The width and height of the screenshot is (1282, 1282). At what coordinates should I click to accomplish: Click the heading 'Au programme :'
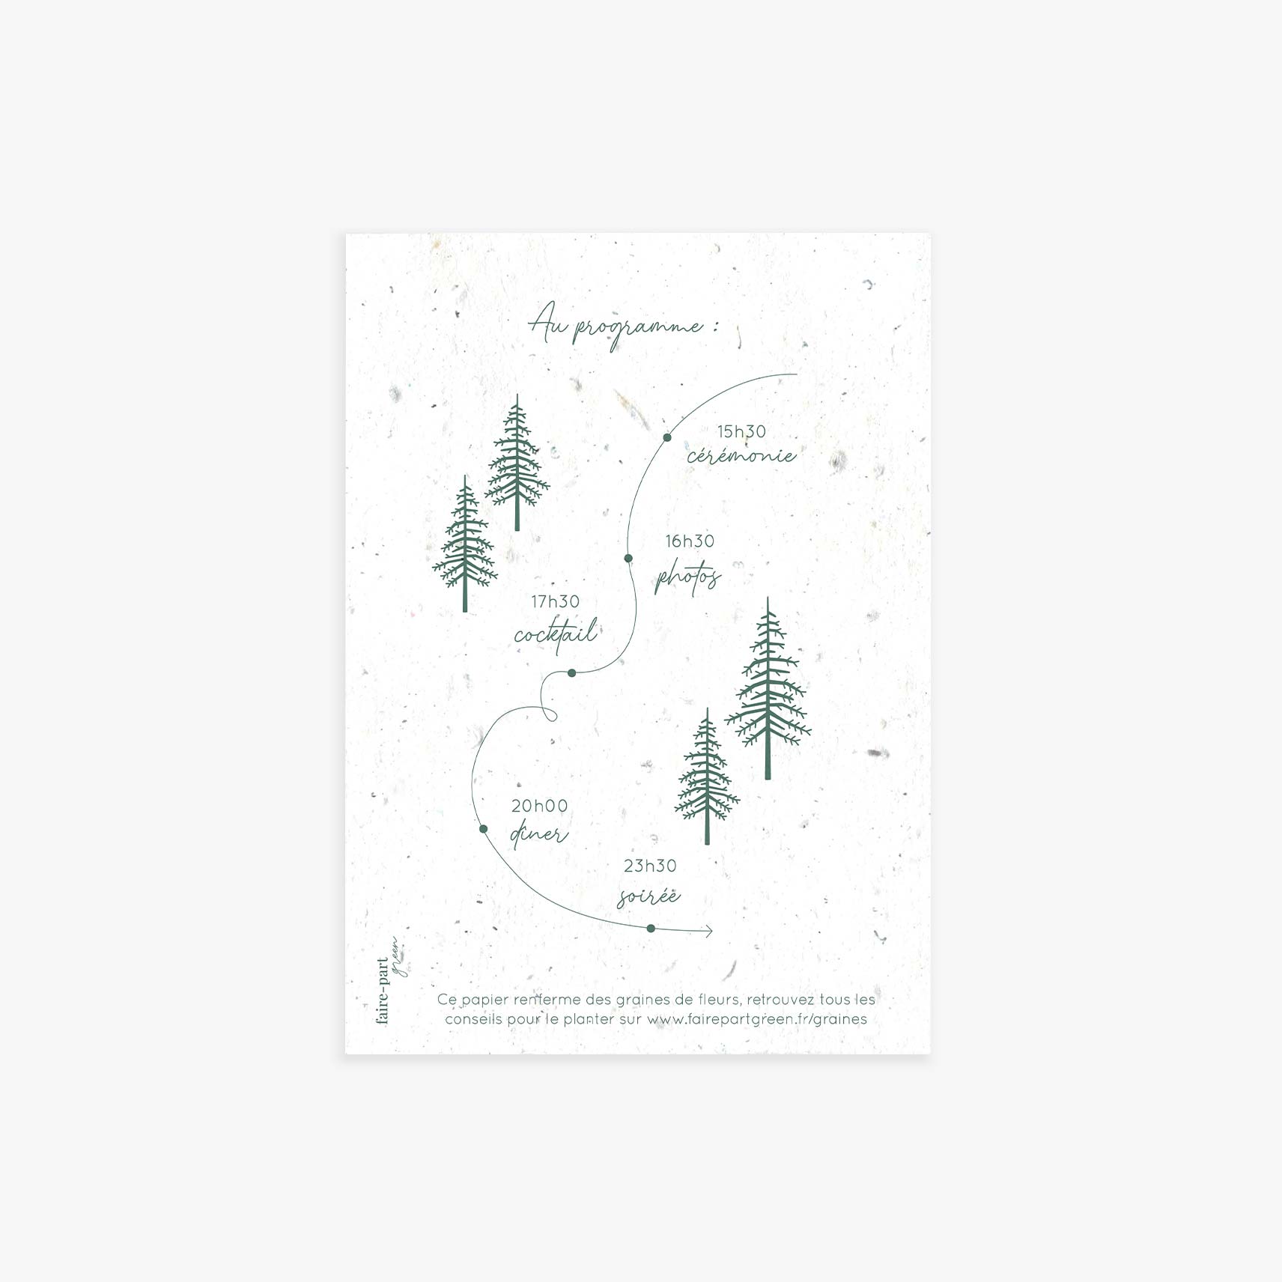(623, 329)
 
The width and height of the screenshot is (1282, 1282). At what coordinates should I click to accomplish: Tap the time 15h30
(741, 432)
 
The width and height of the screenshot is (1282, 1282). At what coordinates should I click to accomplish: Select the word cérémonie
(741, 455)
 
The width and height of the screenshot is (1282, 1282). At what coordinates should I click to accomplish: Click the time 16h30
(690, 541)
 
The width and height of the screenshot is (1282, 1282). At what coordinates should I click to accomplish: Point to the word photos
(687, 578)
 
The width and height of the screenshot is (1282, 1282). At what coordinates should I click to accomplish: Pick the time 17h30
(556, 602)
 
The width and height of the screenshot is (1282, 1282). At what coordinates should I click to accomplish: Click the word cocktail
(556, 634)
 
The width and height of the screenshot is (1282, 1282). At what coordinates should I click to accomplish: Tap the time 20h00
(539, 806)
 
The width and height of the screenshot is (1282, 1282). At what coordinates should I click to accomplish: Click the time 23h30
(650, 866)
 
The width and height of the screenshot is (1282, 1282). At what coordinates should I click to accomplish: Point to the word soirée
(648, 896)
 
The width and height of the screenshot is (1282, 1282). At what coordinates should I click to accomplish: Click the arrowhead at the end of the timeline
(708, 932)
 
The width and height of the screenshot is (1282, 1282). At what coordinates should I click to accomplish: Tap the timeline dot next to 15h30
(667, 437)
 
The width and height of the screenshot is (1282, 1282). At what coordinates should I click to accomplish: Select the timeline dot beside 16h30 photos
(628, 559)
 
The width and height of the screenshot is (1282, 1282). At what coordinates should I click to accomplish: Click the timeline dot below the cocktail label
(572, 673)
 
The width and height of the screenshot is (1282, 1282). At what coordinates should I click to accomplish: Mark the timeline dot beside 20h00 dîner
(483, 829)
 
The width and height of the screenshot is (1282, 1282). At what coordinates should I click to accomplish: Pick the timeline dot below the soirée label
(651, 929)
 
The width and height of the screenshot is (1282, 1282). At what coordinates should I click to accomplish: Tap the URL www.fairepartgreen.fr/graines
(757, 1019)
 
